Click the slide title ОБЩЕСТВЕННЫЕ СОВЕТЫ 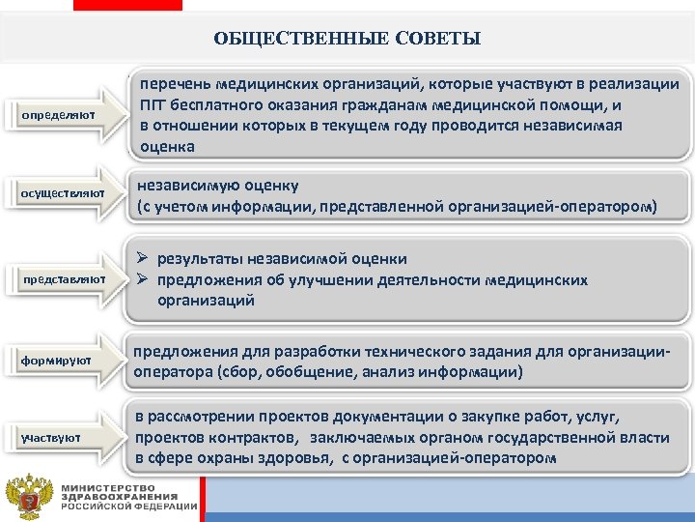coord(347,39)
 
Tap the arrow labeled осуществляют coord(61,195)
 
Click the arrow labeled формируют coord(61,361)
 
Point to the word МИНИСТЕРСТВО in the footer coord(107,486)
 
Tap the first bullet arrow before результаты coord(143,259)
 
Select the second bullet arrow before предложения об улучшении coord(143,280)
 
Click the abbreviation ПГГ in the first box coord(154,105)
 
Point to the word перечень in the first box coord(177,84)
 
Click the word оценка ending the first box coord(166,147)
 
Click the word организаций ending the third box coord(206,301)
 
